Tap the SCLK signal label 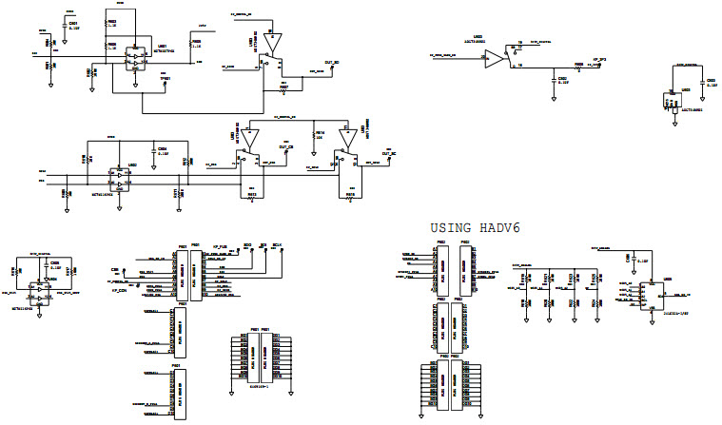coord(278,244)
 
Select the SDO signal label coord(247,244)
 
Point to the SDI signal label coord(263,244)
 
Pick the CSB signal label coord(114,270)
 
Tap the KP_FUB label coord(219,245)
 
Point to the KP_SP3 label coord(600,61)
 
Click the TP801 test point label coord(165,79)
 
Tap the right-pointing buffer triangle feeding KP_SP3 coord(495,59)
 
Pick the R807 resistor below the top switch coord(283,87)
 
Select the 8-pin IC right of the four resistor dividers coord(652,296)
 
